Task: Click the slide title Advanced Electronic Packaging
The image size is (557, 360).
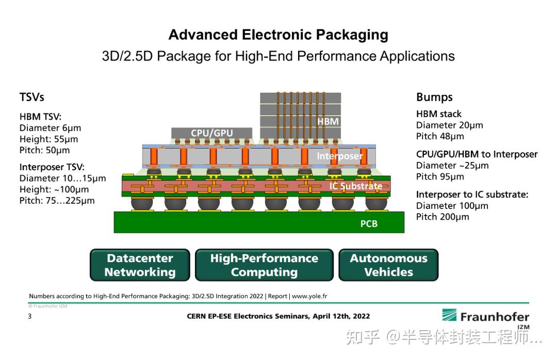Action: tap(278, 35)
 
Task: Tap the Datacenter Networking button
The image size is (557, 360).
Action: tap(140, 265)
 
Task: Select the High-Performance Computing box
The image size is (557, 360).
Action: tap(264, 265)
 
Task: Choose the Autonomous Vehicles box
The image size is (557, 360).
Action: tap(388, 265)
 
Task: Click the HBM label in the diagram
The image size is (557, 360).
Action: tap(328, 121)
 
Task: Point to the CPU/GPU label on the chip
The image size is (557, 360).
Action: tap(211, 133)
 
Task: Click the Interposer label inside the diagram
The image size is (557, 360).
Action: tap(339, 156)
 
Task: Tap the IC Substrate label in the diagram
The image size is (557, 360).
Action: tap(356, 186)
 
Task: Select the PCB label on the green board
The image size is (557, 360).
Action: tap(369, 224)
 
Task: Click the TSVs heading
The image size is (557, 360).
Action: tap(32, 97)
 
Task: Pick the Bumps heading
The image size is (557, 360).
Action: tap(434, 97)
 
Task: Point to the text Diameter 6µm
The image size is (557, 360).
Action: tap(50, 128)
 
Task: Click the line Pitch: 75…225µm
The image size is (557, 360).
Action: tap(57, 201)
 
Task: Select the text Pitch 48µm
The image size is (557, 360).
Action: tap(440, 136)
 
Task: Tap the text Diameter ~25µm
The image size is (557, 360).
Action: tap(452, 166)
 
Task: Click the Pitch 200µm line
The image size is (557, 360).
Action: tap(443, 217)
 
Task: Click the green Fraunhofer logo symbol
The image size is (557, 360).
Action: tap(448, 316)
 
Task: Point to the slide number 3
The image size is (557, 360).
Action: tap(29, 316)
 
